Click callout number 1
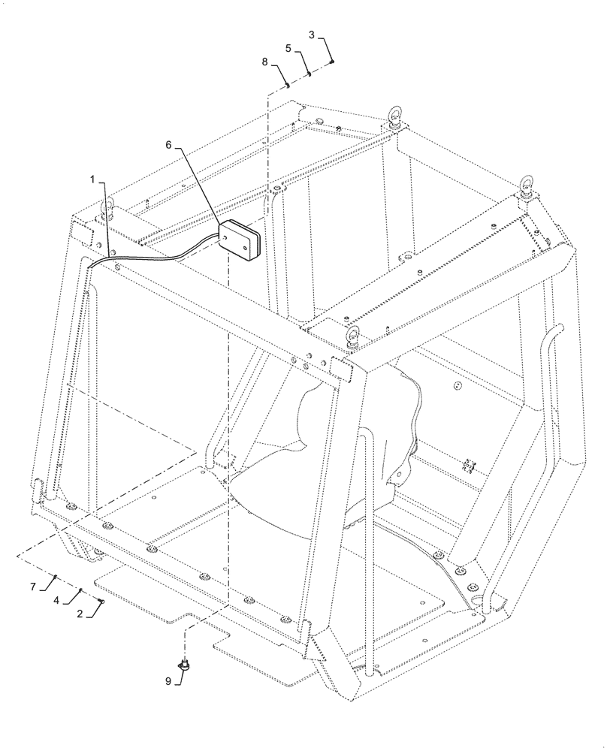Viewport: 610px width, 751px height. coord(92,179)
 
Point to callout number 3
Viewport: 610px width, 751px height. coord(312,35)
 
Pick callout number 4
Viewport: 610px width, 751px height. coord(56,600)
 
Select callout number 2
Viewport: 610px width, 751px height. coord(80,614)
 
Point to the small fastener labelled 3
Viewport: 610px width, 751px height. coord(332,62)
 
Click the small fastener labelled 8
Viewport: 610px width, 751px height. coord(288,85)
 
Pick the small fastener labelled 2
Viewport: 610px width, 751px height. coord(101,601)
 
